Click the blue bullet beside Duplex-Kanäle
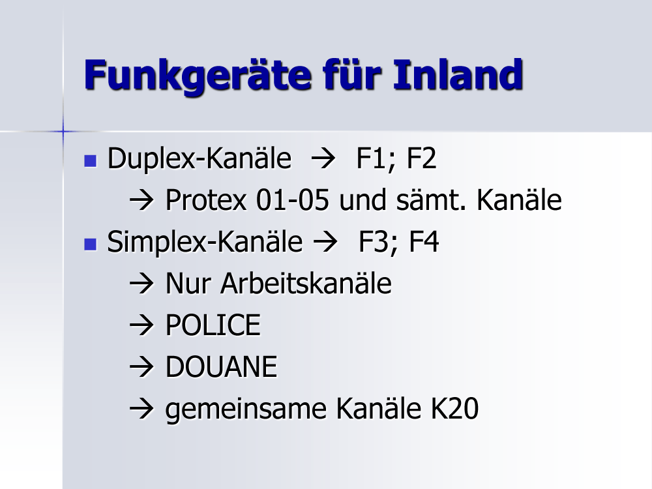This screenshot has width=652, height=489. coord(90,160)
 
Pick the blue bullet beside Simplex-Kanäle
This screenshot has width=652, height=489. coord(90,244)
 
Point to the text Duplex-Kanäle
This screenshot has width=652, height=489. coord(200,159)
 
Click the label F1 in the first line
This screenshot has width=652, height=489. coord(371,159)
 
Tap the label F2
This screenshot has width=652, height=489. coord(421,158)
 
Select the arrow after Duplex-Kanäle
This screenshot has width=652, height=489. coord(323,159)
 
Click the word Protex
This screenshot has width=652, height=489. coord(206,200)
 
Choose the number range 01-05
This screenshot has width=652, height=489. coord(293,200)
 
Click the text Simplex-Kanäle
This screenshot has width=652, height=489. coord(205,243)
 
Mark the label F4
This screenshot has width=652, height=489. coord(424,242)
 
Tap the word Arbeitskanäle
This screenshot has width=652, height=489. coord(306,284)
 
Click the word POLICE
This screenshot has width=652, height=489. coord(213,325)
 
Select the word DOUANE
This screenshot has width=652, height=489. coord(221,367)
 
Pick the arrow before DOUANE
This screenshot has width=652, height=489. coord(141,367)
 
